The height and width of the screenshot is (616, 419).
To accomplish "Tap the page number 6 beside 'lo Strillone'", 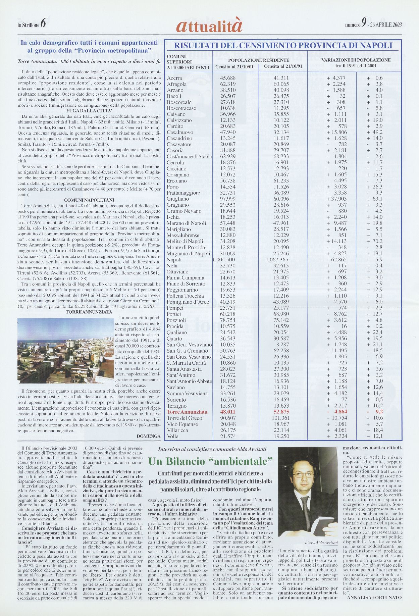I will [43, 24].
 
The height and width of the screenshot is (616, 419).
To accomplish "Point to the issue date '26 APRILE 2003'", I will [386, 25].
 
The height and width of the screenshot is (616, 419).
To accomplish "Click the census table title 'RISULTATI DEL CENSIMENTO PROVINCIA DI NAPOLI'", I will [283, 46].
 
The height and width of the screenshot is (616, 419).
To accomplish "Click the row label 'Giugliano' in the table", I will [178, 199].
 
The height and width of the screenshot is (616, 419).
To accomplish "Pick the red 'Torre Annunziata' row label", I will [187, 412].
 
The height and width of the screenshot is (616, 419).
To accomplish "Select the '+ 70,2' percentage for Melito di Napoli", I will [375, 241].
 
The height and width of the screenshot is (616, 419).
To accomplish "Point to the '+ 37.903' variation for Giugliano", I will [336, 199].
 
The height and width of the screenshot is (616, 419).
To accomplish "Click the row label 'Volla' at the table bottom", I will [173, 437].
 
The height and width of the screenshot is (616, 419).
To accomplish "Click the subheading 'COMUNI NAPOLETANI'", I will [89, 200].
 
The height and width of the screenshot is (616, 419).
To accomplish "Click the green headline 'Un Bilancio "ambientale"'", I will [210, 461].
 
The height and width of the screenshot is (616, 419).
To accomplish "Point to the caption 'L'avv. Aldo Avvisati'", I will [321, 543].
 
